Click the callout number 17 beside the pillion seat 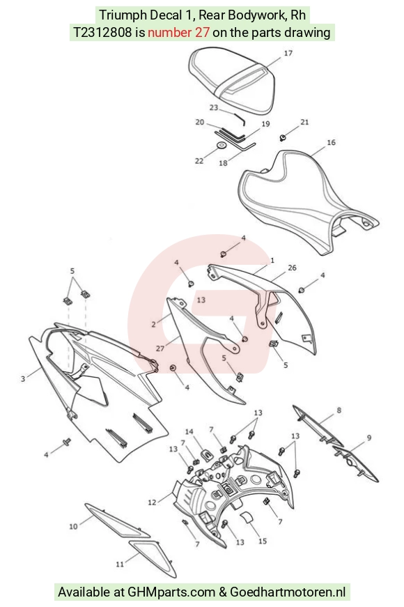click(x=288, y=53)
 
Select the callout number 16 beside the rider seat click(x=332, y=142)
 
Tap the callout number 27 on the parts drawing click(x=160, y=348)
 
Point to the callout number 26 click(x=292, y=268)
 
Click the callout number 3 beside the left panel click(x=23, y=378)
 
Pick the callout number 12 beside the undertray click(x=152, y=502)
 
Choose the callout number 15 click(x=263, y=541)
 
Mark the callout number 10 click(x=74, y=526)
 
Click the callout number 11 click(x=120, y=564)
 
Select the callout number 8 click(x=339, y=410)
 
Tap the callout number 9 click(x=369, y=438)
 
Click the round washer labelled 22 click(x=222, y=146)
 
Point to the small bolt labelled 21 click(x=283, y=137)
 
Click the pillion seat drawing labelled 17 click(x=232, y=79)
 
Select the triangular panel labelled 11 click(x=153, y=557)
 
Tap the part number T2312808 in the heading click(x=102, y=32)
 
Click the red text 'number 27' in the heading click(x=179, y=32)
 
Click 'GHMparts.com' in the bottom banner click(x=171, y=592)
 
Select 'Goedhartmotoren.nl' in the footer click(x=288, y=592)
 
